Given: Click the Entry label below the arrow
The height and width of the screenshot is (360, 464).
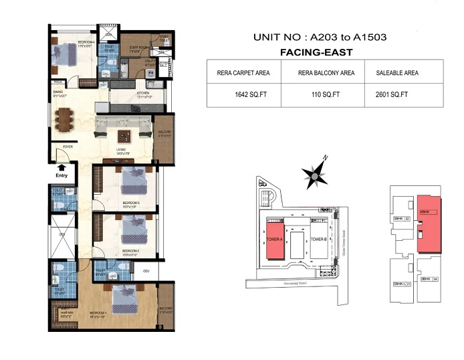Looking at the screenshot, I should click(61, 176).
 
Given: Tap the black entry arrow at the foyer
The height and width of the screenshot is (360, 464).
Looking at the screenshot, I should click(61, 167).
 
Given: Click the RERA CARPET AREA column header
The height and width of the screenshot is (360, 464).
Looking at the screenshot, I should click(242, 72).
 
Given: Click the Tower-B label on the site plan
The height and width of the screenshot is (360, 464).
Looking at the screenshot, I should click(318, 239).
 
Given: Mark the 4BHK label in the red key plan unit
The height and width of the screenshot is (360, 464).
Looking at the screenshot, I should click(424, 212).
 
